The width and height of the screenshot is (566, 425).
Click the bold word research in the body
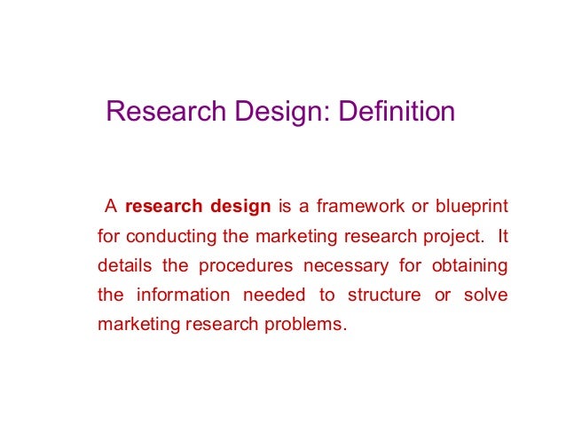(163, 208)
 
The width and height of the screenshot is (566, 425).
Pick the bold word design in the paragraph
(240, 208)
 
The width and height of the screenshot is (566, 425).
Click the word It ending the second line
(502, 237)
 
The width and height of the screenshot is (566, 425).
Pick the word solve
(486, 295)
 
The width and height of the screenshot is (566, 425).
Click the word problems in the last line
(308, 324)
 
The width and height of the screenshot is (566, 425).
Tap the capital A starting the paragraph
(111, 208)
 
